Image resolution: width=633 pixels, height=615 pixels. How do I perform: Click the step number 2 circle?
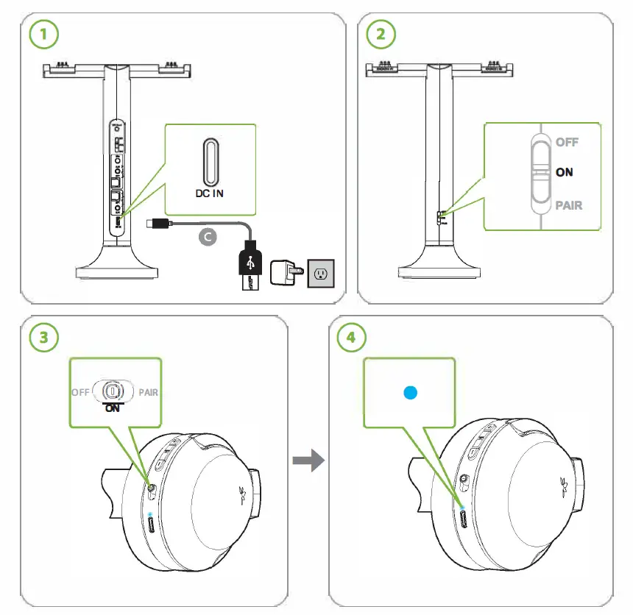tap(381, 34)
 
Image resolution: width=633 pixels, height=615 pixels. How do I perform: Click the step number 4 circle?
tap(351, 338)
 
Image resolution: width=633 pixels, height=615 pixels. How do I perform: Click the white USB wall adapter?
tap(285, 274)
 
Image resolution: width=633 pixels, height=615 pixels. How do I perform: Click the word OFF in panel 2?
tap(567, 142)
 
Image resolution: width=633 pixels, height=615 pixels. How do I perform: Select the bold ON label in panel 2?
tap(565, 171)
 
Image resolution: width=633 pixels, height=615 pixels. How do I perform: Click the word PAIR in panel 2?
tap(568, 205)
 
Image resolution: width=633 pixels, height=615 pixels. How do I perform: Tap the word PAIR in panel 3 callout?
tap(148, 392)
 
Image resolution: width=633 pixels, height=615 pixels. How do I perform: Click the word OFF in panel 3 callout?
tap(80, 392)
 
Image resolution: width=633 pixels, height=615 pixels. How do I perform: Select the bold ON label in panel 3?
tap(113, 408)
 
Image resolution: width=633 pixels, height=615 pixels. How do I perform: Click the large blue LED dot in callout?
tap(409, 393)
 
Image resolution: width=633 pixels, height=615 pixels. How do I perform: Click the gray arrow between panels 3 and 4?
tap(308, 461)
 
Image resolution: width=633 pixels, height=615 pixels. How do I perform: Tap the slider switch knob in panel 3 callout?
tap(113, 390)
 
